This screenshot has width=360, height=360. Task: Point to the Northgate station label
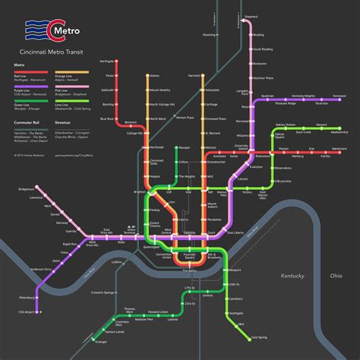click(x=107, y=62)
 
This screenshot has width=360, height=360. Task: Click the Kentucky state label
click(x=291, y=276)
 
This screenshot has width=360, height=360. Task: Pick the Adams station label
click(x=155, y=76)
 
